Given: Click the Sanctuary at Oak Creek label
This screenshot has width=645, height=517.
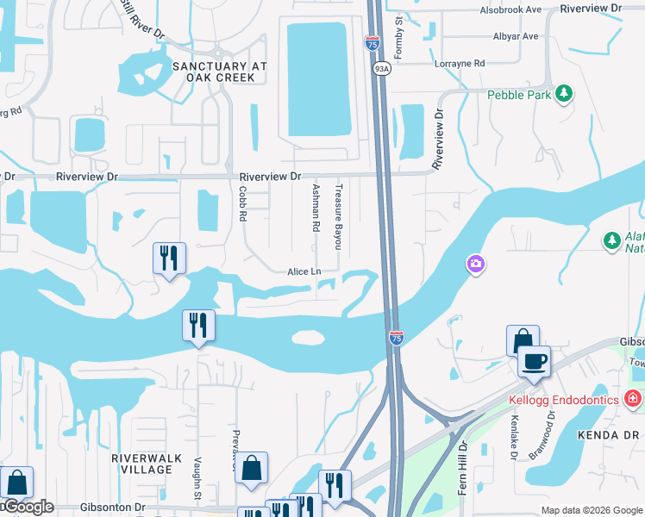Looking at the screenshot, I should pos(213,72).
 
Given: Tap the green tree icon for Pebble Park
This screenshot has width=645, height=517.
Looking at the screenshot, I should pos(564,94).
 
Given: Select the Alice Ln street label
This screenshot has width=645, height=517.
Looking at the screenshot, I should pos(304,271).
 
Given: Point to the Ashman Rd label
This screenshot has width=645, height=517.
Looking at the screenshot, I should pos(316,208).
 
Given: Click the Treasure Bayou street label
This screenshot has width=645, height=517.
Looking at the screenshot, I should pos(339,214).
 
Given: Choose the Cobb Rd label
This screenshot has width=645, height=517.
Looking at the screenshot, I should pos(243,205).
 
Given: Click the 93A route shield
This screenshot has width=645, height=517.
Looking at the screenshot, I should pos(381,67).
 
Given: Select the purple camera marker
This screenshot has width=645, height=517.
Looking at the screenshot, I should pos(474,265).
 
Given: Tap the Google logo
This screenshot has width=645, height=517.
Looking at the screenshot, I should pos(28,507).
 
